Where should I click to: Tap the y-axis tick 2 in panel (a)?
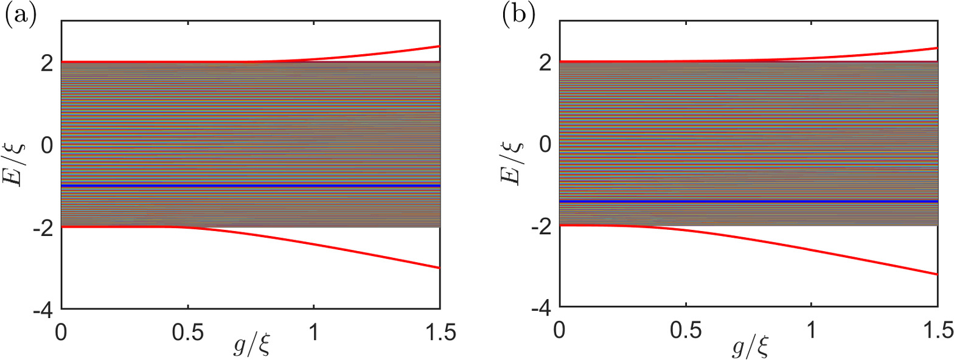click(x=49, y=62)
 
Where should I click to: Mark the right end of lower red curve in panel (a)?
click(x=439, y=268)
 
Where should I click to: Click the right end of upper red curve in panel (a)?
click(x=439, y=46)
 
